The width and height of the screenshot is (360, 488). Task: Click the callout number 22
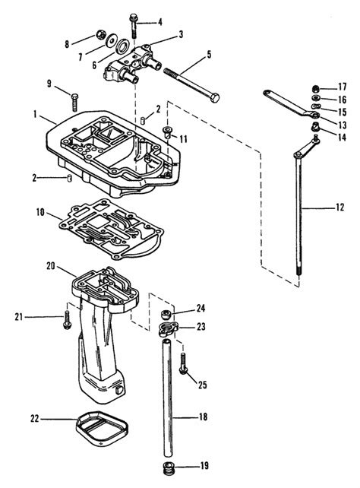pos(34,418)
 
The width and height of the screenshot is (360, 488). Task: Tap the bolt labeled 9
pos(74,102)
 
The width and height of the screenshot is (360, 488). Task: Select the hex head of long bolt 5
pos(214,98)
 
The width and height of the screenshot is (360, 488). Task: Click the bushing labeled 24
pos(166,314)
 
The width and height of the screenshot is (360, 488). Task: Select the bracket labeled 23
pos(168,329)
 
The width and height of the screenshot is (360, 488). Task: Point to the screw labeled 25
pos(183,363)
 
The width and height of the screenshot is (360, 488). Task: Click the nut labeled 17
pos(316,89)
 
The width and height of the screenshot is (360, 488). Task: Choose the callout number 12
pos(340,208)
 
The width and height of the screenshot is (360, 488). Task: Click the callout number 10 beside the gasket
pos(40,213)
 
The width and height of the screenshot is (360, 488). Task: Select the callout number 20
pos(51,266)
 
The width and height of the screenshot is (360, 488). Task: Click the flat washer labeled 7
pos(109,41)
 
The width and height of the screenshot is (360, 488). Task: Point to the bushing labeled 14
pos(315,127)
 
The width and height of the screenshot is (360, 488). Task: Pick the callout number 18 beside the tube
pos(203,417)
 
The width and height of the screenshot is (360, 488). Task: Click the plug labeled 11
pos(167,132)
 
